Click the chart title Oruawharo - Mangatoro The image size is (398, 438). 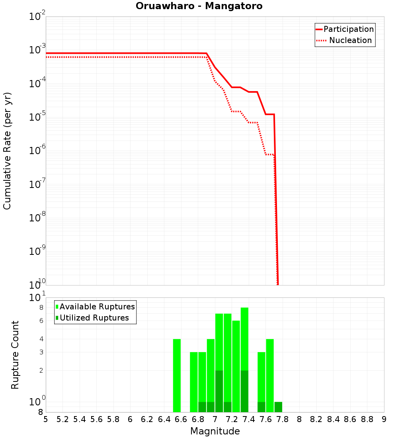[199, 6]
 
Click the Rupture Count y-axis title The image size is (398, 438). [15, 355]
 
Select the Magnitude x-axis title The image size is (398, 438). [215, 431]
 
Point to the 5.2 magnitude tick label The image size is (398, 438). [62, 419]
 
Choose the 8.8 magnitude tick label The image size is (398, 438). [367, 419]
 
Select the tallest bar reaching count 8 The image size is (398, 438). [244, 338]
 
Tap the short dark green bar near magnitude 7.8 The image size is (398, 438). [278, 407]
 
